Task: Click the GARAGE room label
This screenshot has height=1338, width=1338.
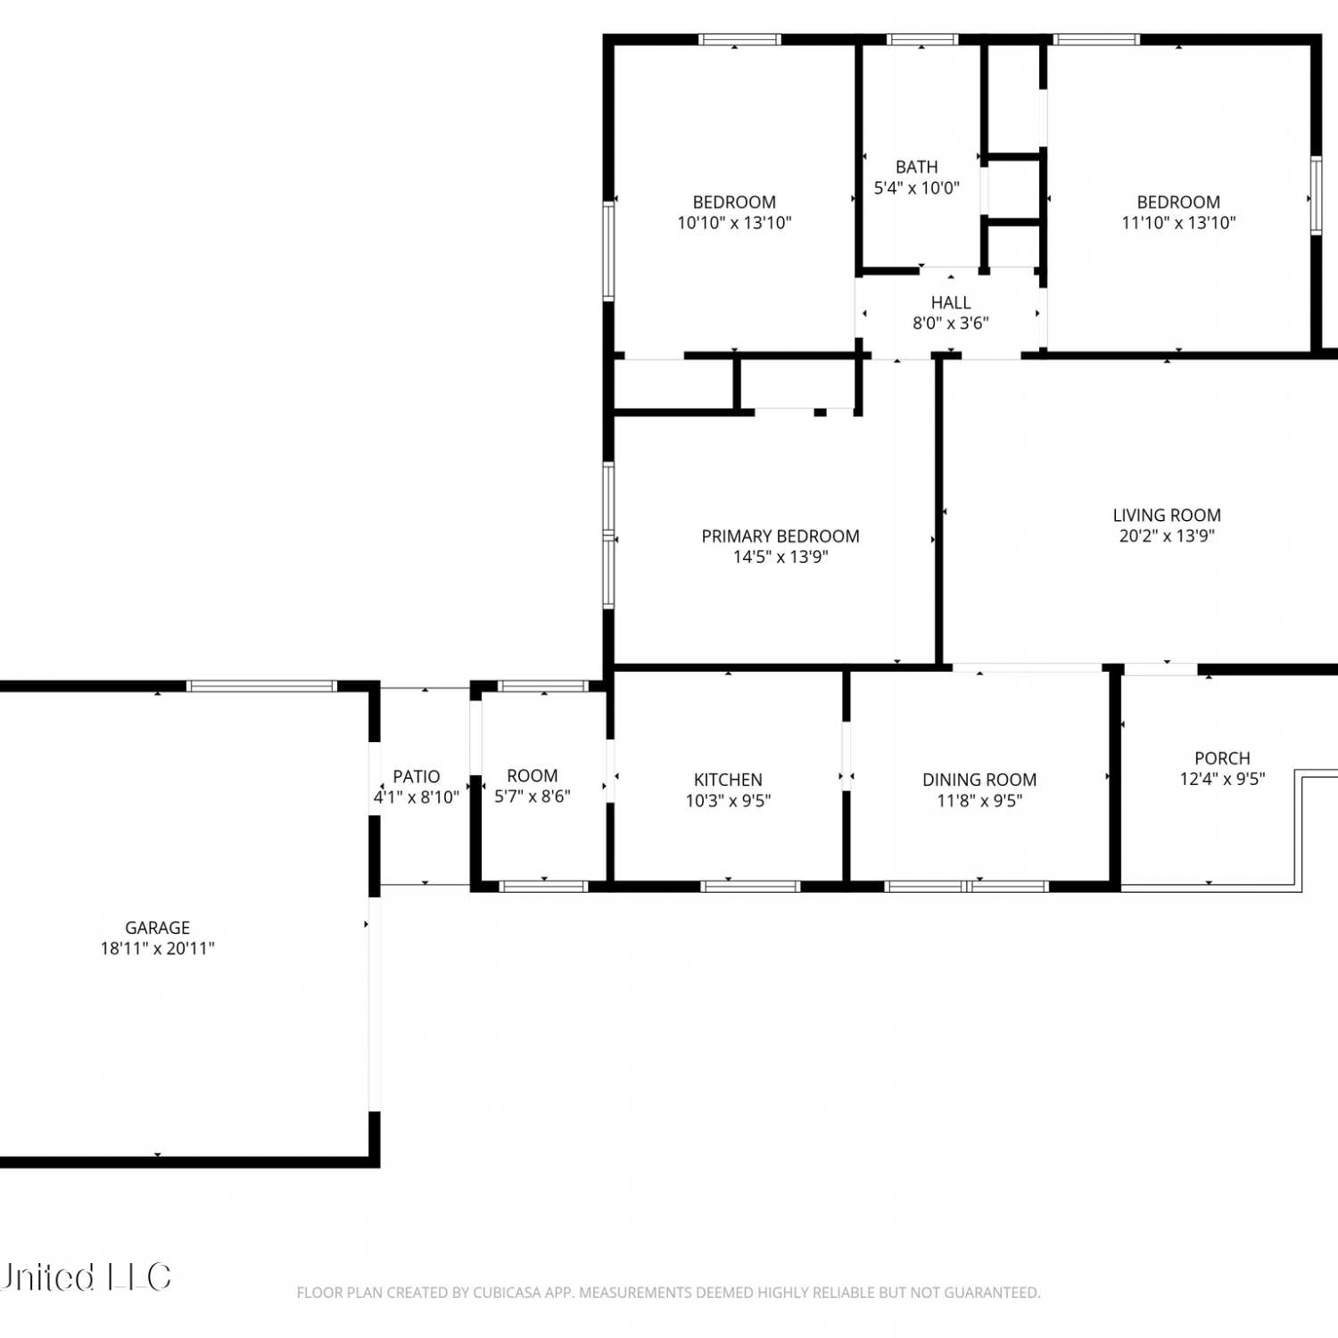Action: click(157, 928)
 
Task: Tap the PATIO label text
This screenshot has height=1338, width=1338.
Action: click(417, 777)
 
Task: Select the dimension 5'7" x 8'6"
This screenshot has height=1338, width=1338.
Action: click(533, 797)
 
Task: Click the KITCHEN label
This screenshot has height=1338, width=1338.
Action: click(728, 780)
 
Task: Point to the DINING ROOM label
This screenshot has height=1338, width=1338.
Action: click(979, 780)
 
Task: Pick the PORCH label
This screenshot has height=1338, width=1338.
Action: click(1222, 758)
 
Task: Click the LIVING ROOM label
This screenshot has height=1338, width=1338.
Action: click(1167, 515)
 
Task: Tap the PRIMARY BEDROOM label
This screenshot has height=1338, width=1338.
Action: click(780, 536)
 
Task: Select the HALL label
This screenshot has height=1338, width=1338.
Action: click(951, 302)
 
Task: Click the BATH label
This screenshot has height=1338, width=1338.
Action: click(917, 167)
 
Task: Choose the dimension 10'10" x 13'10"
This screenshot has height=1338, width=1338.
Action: click(734, 223)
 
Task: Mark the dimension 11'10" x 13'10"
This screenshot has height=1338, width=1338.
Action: click(1178, 223)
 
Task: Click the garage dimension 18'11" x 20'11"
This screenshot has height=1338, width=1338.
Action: click(157, 949)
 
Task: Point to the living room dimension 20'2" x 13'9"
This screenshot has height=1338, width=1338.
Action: click(1167, 536)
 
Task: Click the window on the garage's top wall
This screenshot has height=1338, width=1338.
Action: click(261, 686)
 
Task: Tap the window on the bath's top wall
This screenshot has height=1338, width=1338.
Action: click(922, 39)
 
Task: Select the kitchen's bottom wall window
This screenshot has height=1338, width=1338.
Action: click(750, 886)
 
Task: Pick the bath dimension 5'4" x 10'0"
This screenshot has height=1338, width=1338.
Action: click(917, 188)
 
